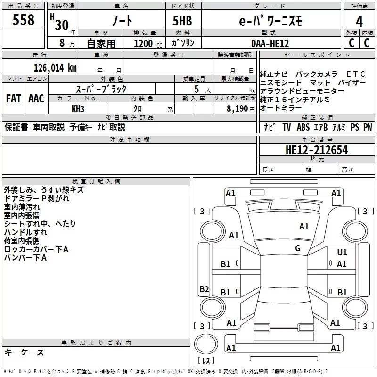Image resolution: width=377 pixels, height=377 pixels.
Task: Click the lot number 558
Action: [x=24, y=20]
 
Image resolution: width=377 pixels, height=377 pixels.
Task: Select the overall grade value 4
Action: [x=359, y=21]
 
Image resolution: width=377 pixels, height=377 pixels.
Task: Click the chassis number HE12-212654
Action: [x=317, y=150]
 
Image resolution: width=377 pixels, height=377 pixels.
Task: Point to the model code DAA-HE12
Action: [x=270, y=43]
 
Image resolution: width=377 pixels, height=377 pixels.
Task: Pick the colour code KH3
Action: [x=78, y=108]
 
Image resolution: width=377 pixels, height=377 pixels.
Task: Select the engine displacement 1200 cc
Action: [x=143, y=43]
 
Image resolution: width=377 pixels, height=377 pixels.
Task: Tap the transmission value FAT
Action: [x=13, y=98]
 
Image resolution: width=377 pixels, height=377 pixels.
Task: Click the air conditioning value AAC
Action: [x=36, y=98]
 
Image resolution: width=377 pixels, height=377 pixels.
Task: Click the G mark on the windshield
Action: [x=297, y=248]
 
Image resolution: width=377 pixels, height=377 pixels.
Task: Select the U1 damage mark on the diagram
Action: [x=342, y=253]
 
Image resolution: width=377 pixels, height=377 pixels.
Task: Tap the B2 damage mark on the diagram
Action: [x=204, y=289]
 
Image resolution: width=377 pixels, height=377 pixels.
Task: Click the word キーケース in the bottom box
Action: [x=24, y=352]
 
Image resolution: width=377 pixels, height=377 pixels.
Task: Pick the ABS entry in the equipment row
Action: [x=303, y=127]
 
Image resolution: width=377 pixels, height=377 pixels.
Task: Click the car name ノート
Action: [x=121, y=21]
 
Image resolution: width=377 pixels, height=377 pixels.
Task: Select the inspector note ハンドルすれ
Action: [x=25, y=232]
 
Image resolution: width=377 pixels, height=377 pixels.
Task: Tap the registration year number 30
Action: [x=62, y=25]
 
